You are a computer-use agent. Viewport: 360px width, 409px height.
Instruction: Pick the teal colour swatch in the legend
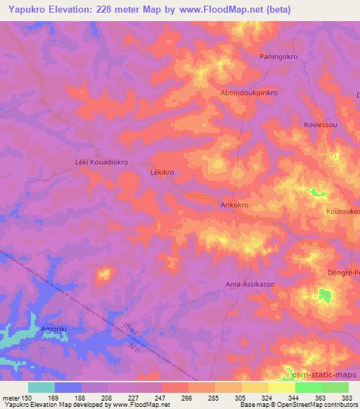[x=41, y=387]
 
